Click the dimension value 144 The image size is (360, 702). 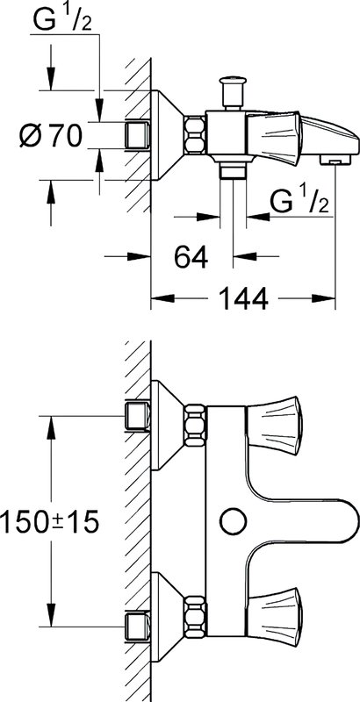click(x=243, y=298)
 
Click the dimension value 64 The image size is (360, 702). click(x=191, y=257)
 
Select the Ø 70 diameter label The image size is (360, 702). click(x=51, y=136)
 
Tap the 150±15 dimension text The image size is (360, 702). click(x=49, y=521)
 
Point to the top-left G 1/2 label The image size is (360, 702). click(x=62, y=20)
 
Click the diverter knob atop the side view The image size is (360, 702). click(x=233, y=93)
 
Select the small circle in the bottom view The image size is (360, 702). click(x=234, y=521)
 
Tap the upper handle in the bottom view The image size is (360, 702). click(x=275, y=426)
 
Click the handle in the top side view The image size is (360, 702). click(x=274, y=136)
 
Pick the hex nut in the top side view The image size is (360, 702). click(x=195, y=135)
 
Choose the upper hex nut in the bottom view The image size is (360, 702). click(x=195, y=426)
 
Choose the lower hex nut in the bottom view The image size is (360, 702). click(x=195, y=616)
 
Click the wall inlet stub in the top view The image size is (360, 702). click(x=137, y=135)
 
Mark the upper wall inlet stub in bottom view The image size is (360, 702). click(x=137, y=416)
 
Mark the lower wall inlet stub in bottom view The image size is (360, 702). click(x=137, y=627)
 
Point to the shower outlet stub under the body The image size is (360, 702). click(x=233, y=170)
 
